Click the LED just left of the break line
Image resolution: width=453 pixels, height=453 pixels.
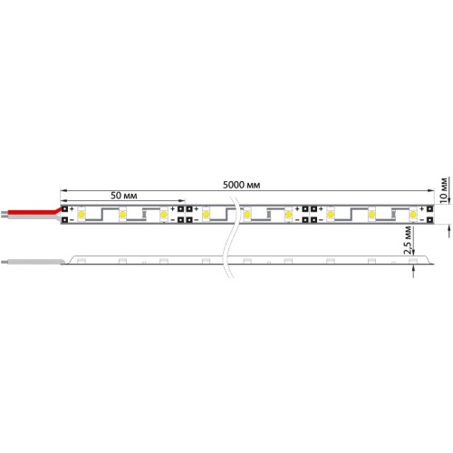[x=207, y=215]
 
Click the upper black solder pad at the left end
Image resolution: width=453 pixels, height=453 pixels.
[x=65, y=209]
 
